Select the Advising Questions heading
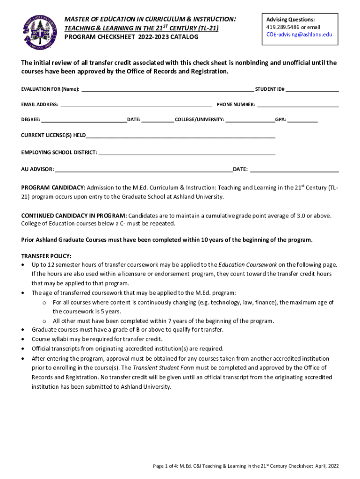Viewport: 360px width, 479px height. pyautogui.click(x=290, y=20)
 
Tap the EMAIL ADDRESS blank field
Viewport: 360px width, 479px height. pyautogui.click(x=136, y=104)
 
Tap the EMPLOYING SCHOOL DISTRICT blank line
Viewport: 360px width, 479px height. pyautogui.click(x=187, y=152)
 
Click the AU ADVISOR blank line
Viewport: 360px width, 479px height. pyautogui.click(x=143, y=168)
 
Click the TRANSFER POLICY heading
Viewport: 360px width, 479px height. pyautogui.click(x=46, y=256)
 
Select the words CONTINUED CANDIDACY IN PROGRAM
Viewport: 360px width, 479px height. pyautogui.click(x=74, y=216)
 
